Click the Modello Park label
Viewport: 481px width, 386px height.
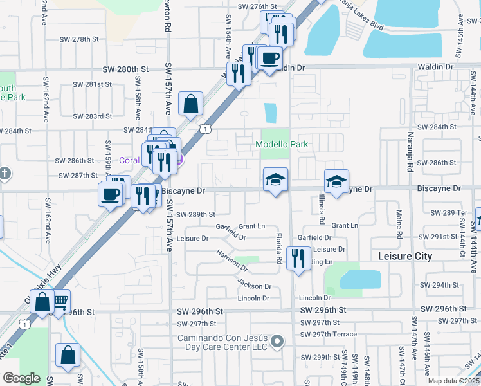[x=282, y=145]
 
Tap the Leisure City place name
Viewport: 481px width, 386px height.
[x=405, y=256]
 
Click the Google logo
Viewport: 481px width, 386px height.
[x=21, y=378]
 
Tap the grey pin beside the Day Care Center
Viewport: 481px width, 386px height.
[x=277, y=341]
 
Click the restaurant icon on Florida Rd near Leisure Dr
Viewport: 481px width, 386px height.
[x=298, y=259]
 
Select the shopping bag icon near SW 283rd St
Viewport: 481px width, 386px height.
[x=191, y=104]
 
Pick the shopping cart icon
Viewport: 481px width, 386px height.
[x=59, y=301]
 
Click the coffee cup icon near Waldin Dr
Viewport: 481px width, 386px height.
[x=269, y=59]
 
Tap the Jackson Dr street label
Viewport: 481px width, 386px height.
[x=254, y=285]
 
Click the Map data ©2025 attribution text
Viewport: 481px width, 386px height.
[x=453, y=381]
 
